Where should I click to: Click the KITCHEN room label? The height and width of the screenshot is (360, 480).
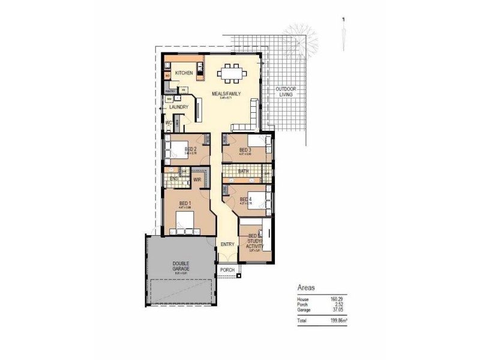184,73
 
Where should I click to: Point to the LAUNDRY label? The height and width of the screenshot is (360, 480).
179,107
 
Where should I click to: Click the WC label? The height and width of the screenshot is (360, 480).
169,124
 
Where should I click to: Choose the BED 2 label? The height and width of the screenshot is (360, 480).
191,149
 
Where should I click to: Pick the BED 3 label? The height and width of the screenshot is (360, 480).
245,149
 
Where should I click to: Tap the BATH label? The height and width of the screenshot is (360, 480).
243,172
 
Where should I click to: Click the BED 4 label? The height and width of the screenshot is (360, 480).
245,199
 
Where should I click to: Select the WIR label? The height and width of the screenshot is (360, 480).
196,179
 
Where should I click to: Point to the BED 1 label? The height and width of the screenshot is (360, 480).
184,203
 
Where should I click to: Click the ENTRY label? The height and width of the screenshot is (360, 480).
227,244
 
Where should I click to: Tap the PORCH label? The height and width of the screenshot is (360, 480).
227,270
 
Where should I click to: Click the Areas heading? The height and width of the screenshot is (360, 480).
306,287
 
